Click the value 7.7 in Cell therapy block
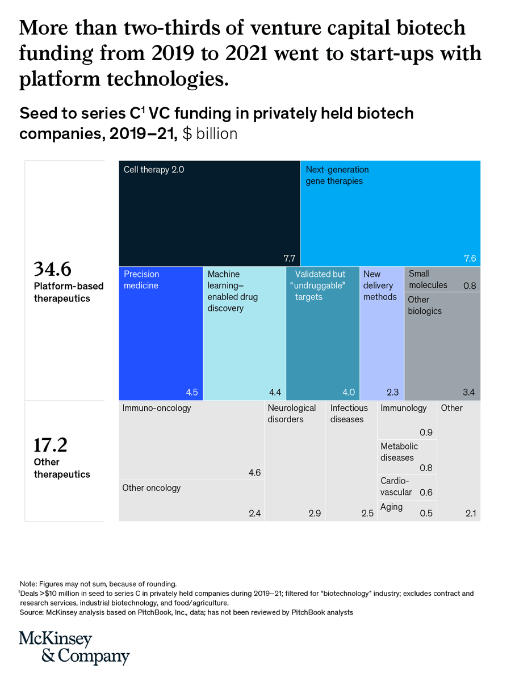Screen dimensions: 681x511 [290, 259]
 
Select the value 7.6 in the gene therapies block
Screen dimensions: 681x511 [470, 259]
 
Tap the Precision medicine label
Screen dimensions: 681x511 [141, 280]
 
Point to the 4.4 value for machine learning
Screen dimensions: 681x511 [275, 392]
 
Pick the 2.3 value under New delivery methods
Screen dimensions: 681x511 [392, 392]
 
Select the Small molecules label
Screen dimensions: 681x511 [428, 279]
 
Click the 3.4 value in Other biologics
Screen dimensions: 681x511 [469, 392]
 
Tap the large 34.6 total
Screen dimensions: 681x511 [53, 268]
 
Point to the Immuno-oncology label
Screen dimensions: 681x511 [157, 408]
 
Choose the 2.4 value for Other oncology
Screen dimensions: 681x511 [254, 514]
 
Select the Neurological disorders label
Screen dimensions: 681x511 [291, 414]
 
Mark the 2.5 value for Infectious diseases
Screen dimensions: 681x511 [367, 514]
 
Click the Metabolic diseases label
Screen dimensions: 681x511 [399, 452]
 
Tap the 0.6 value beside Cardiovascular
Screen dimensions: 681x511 [426, 493]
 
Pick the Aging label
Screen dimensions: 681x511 [391, 507]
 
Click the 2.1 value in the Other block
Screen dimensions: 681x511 [470, 514]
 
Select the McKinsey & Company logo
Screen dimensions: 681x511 [74, 647]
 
